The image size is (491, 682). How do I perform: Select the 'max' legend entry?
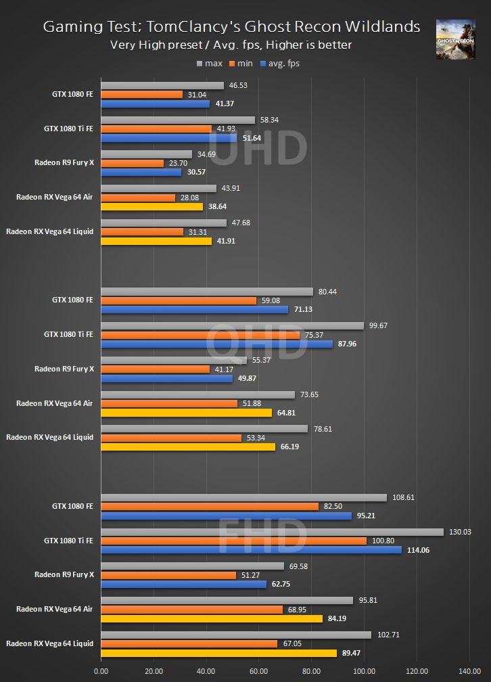210,64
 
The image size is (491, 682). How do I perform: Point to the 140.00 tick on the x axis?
469,672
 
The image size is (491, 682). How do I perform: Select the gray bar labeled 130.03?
272,532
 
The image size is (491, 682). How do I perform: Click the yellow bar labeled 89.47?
218,653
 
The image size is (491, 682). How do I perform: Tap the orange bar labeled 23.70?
132,163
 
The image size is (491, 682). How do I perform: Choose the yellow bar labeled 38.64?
151,206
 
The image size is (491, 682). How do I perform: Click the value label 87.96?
349,344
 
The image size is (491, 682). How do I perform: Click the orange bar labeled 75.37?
200,335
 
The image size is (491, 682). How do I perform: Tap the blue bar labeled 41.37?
156,104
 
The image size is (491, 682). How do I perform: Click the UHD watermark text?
258,148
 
